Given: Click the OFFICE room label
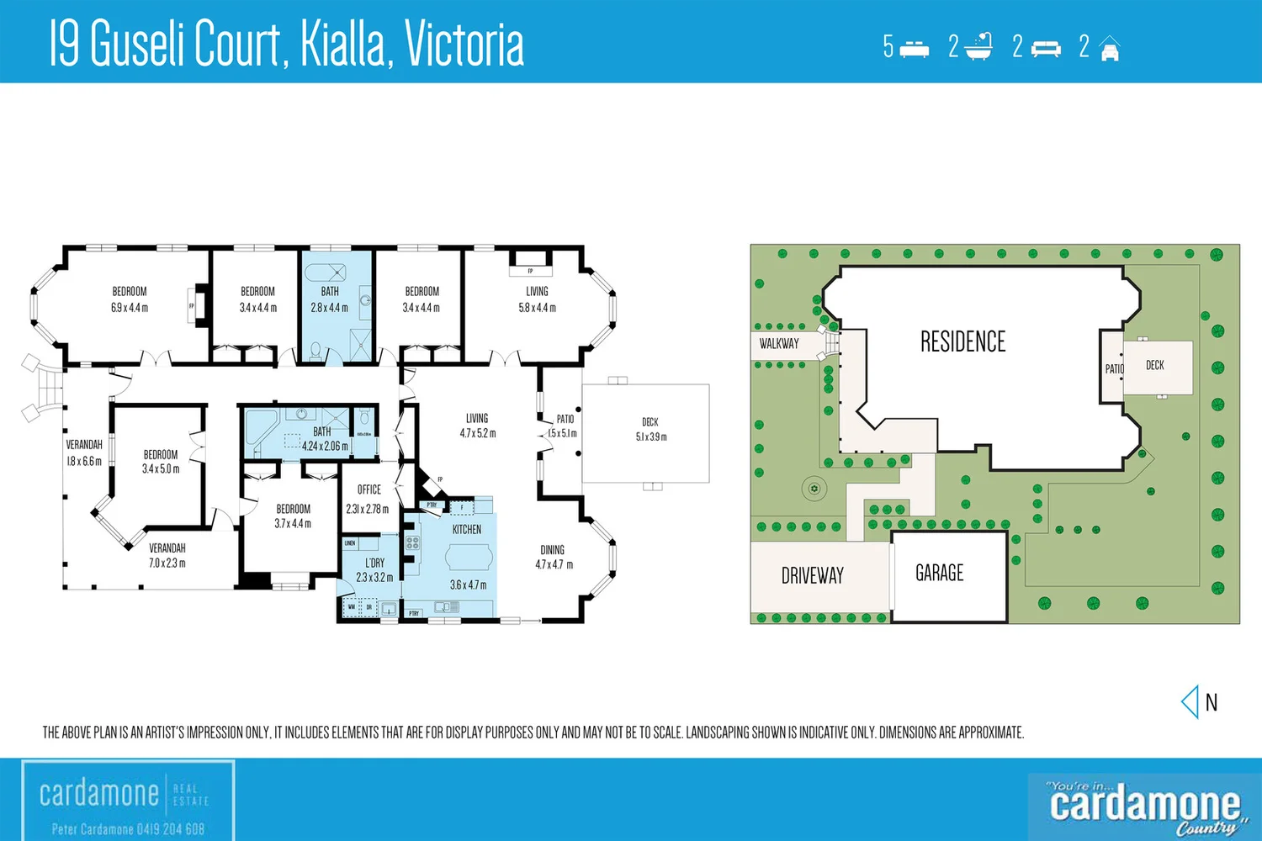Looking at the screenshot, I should tap(369, 489).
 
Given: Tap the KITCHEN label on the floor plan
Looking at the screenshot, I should tap(467, 530).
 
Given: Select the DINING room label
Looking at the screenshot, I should tap(553, 550).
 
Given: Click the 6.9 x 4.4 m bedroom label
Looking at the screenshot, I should tap(130, 299).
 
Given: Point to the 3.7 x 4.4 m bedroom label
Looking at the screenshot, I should tap(293, 516).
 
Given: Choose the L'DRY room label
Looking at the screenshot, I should tap(374, 563).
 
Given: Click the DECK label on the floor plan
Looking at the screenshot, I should tap(650, 422).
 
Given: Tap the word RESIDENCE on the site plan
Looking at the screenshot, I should tap(962, 342).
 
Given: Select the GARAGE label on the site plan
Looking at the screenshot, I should tap(939, 574).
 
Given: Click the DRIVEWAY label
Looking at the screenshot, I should tap(812, 576).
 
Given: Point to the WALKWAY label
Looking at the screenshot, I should tap(779, 344).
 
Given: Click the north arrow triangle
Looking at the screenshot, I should tap(1190, 701).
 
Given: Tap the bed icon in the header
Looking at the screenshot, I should tap(914, 49).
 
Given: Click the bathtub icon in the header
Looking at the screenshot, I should tap(978, 47).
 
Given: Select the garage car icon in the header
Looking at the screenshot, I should tap(1110, 49).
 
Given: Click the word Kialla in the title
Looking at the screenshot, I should tap(346, 44).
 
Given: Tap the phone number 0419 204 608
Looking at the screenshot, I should tap(159, 829).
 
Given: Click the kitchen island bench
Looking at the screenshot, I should tap(469, 558).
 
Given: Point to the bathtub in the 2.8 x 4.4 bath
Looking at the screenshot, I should tap(325, 272).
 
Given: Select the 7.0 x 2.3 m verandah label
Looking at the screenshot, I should tap(167, 556).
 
